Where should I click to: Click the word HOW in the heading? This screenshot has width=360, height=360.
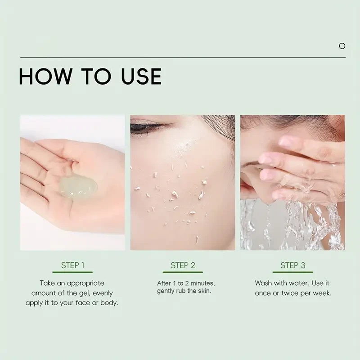(45, 76)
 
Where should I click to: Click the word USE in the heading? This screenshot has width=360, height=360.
(141, 76)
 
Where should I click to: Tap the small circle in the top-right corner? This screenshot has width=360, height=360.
(342, 46)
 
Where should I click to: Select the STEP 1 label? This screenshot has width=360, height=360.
(72, 265)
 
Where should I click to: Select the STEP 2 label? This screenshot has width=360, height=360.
(183, 265)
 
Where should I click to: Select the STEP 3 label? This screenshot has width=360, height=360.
(293, 265)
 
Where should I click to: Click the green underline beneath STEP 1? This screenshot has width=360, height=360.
(72, 272)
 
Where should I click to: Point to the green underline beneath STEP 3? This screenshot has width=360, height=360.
(292, 272)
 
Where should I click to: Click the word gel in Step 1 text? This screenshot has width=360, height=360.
(85, 293)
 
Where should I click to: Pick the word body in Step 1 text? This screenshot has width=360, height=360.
(109, 303)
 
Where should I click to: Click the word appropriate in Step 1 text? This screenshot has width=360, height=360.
(85, 283)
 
